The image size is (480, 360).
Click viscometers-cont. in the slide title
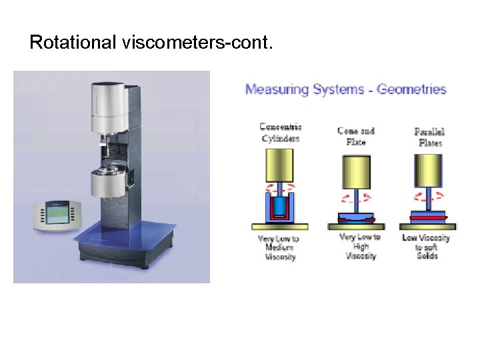click(197, 43)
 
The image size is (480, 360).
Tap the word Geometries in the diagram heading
click(411, 89)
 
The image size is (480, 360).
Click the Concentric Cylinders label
click(280, 133)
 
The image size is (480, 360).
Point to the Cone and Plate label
click(356, 136)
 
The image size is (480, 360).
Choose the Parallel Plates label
click(430, 137)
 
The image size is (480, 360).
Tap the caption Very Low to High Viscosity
click(360, 246)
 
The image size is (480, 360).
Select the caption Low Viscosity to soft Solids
click(427, 246)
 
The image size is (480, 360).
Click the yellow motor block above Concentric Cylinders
click(280, 164)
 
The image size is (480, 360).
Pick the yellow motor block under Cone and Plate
click(360, 171)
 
